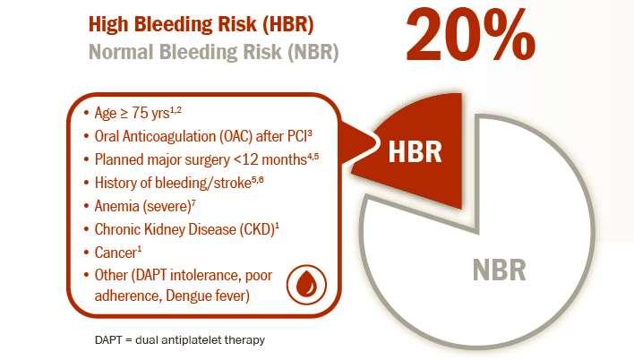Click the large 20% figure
471,36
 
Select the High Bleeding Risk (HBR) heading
201,24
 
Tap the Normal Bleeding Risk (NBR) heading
213,52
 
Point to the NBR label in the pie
500,270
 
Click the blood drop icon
306,284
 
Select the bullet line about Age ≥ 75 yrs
133,113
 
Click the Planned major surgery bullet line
201,159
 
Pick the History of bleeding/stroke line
174,183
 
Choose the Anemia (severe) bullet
140,206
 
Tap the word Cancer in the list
116,253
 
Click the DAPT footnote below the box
180,339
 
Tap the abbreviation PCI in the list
297,137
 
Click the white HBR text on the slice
415,151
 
